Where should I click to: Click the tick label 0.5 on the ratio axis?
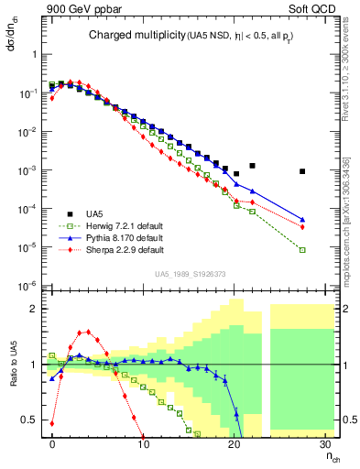30,420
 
